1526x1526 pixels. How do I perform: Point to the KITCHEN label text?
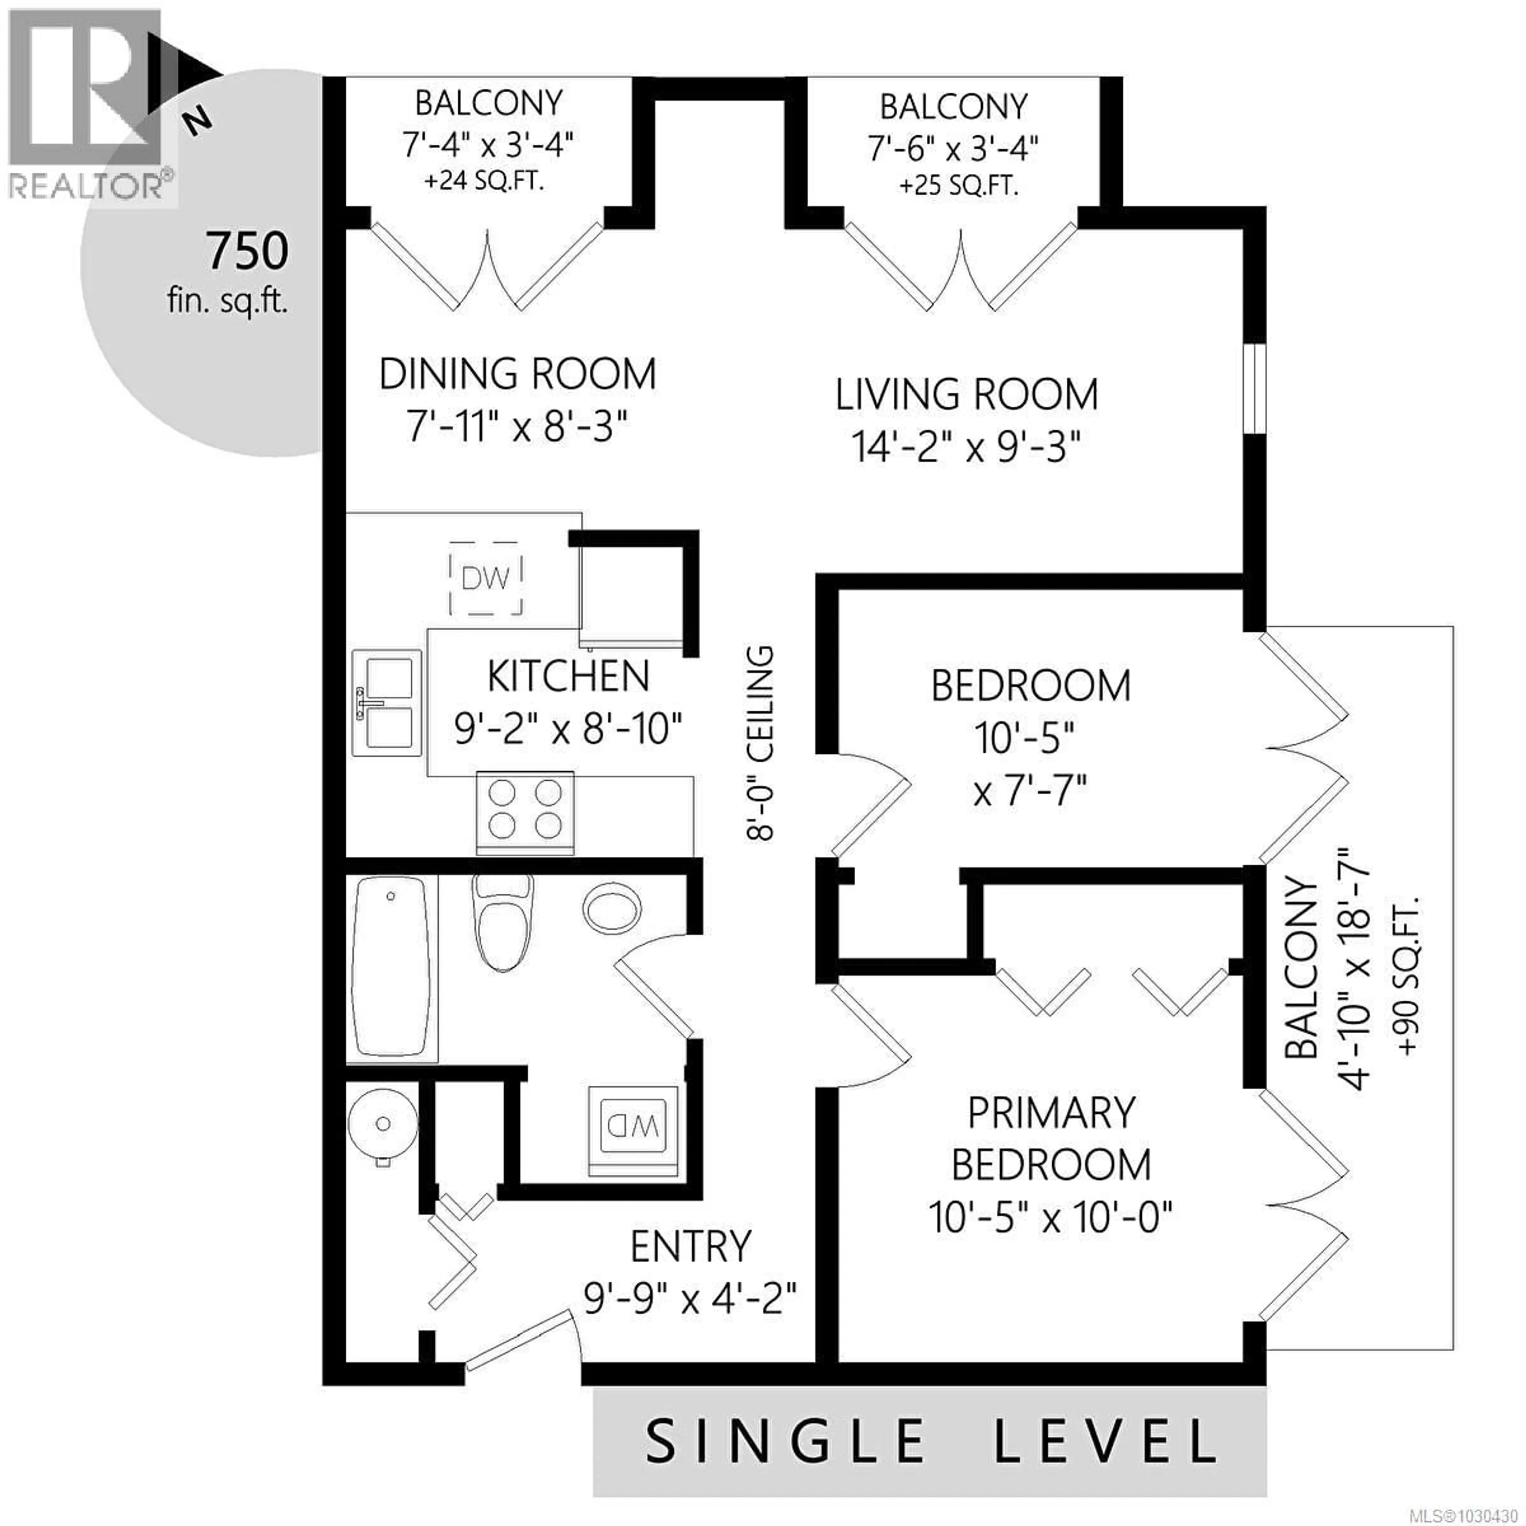[568, 676]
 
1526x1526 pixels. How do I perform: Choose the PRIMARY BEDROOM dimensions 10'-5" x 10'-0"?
[1050, 1217]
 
